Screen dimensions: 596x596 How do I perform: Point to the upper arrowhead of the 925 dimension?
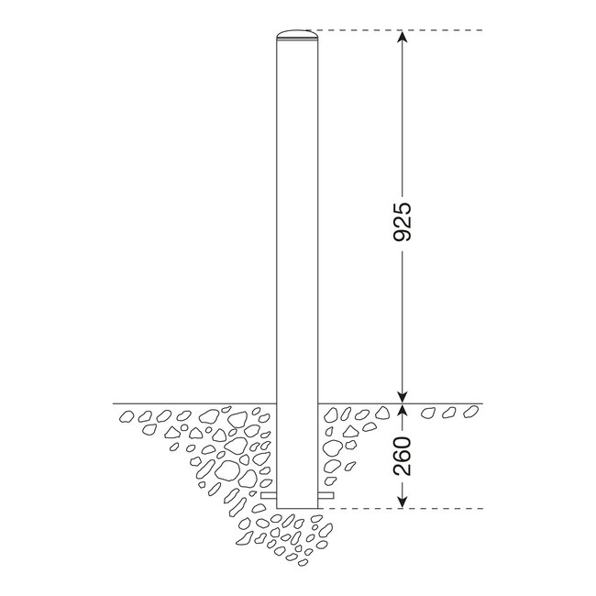coord(401,39)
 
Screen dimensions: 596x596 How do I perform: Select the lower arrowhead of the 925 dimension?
coord(401,393)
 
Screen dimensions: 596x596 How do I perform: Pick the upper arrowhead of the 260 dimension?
coord(401,410)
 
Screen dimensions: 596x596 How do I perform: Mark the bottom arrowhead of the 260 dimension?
coord(401,501)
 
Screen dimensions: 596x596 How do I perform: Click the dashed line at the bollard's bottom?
coord(403,508)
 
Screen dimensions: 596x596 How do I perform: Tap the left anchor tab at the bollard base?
coord(268,496)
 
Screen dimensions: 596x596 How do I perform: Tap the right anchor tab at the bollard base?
coord(326,496)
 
